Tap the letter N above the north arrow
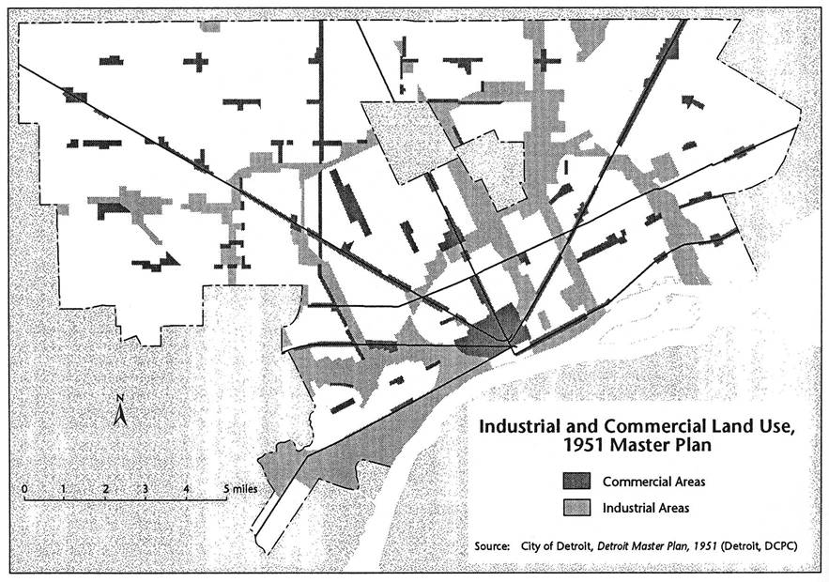(120, 399)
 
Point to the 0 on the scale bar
(22, 489)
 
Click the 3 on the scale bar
(146, 489)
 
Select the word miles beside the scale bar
(245, 489)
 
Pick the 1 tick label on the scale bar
(63, 489)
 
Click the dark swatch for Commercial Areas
(576, 482)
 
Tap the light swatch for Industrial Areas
(576, 508)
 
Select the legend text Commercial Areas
(653, 482)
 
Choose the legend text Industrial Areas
(647, 508)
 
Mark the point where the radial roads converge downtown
(512, 346)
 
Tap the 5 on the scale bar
(227, 489)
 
